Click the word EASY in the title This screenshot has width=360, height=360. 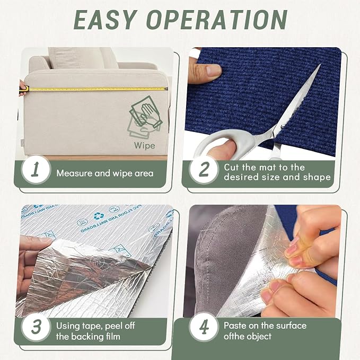(104, 20)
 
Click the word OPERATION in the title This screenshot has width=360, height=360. (217, 20)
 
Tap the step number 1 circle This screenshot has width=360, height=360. (36, 170)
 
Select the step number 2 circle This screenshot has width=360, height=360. (203, 170)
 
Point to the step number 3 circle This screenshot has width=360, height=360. (36, 327)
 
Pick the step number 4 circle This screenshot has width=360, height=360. (203, 327)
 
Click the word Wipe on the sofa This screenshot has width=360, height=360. (144, 146)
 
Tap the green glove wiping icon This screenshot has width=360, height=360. (144, 117)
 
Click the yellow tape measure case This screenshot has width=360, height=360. (24, 89)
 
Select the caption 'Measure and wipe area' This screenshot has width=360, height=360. (105, 173)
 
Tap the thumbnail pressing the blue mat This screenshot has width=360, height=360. (214, 70)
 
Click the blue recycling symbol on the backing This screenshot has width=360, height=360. (99, 216)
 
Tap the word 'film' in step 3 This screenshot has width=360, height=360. (112, 337)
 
